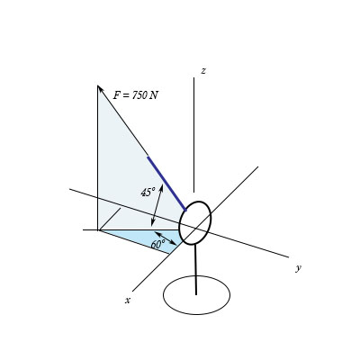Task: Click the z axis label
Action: pos(203,71)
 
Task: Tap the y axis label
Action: pos(298,268)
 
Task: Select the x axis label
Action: pos(128,300)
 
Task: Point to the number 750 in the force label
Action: pos(139,95)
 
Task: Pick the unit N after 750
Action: pos(155,95)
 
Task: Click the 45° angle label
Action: pos(148,192)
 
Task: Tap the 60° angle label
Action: pos(157,244)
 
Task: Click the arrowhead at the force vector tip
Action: pos(100,88)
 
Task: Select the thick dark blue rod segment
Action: pos(166,183)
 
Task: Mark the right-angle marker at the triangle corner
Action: pos(110,220)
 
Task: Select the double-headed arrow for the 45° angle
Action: pos(157,205)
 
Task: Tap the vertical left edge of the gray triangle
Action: pos(97,162)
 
